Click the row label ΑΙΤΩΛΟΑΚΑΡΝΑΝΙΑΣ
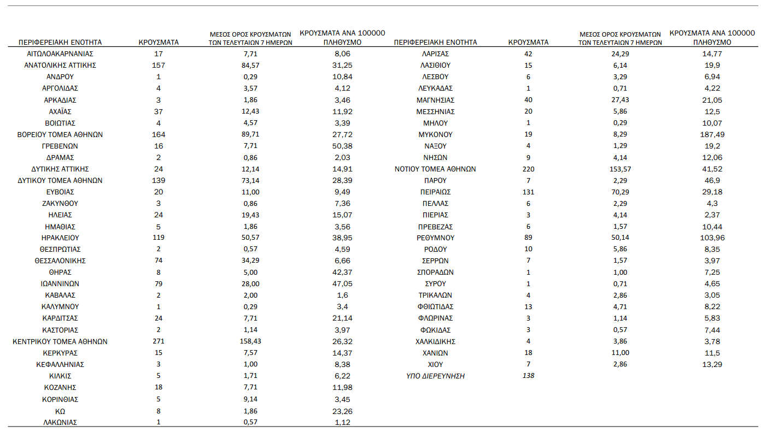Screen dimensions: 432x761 coord(60,54)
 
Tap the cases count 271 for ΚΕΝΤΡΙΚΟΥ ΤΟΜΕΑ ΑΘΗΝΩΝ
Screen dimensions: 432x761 coord(159,341)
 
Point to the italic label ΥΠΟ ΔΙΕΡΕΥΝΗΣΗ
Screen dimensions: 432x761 coord(435,376)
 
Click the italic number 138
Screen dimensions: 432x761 coord(528,376)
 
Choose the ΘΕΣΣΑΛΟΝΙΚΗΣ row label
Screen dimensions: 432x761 coord(60,261)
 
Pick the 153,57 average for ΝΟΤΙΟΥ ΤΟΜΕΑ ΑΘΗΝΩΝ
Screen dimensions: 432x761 coord(620,169)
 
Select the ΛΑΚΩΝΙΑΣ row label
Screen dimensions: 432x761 coord(60,422)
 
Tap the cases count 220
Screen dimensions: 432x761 coord(528,169)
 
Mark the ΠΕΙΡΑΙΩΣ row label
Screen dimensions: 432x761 coord(435,192)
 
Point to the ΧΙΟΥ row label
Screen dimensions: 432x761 coord(435,364)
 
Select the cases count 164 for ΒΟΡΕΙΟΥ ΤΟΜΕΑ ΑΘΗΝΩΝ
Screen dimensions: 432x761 coord(159,134)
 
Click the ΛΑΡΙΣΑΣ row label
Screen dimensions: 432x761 coord(435,54)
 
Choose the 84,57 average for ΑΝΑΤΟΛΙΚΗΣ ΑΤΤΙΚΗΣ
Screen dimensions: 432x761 coord(250,66)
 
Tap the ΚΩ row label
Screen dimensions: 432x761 coord(60,411)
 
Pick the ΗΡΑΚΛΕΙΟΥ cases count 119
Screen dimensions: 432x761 coord(159,238)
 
